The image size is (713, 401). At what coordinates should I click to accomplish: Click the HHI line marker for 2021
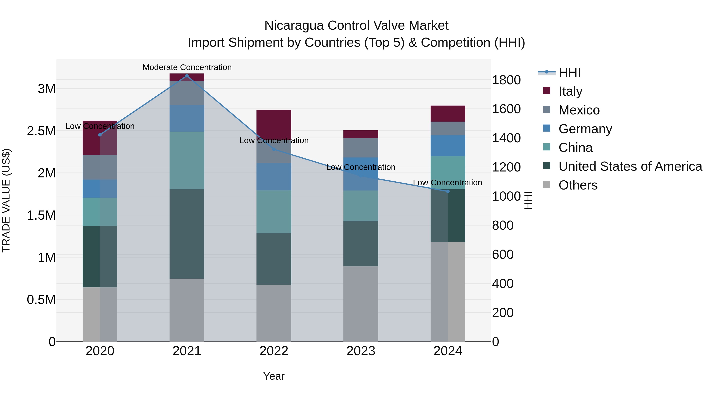pos(187,76)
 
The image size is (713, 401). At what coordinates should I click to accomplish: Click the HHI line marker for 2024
pos(448,191)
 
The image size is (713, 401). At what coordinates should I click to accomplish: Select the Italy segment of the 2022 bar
pos(274,123)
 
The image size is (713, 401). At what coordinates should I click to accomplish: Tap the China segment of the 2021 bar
pos(187,161)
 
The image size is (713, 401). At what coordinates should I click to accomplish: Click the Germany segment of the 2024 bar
pos(448,146)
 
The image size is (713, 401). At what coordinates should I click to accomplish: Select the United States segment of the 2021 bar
pos(187,234)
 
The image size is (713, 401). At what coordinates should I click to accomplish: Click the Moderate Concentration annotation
pos(187,68)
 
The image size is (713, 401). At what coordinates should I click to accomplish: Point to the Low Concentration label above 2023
pos(361,167)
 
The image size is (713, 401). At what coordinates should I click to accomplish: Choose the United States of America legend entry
pos(630,166)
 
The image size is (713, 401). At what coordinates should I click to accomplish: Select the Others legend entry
pos(578,185)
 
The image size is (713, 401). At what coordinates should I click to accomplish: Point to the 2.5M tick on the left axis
pos(41,131)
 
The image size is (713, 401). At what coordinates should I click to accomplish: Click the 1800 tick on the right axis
pos(506,80)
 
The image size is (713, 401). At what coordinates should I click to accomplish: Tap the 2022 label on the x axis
pos(274,351)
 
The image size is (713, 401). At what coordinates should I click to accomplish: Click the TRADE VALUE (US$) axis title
pos(6,200)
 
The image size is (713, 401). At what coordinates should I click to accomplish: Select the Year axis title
pos(274,376)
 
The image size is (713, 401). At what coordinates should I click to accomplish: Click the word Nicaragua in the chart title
pos(294,26)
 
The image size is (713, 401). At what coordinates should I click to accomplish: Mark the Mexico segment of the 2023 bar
pos(361,148)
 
